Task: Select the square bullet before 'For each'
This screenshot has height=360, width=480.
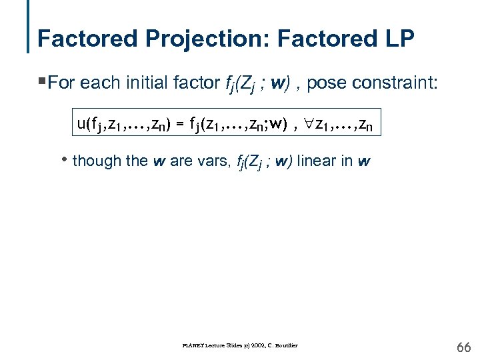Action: (x=42, y=82)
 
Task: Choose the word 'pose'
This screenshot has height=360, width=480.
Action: (x=323, y=83)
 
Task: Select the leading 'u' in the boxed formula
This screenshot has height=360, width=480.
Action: (x=81, y=123)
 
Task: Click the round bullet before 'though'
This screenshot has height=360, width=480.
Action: (x=64, y=161)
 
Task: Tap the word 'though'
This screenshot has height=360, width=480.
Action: (x=94, y=161)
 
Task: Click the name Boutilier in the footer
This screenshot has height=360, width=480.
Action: (x=285, y=345)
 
